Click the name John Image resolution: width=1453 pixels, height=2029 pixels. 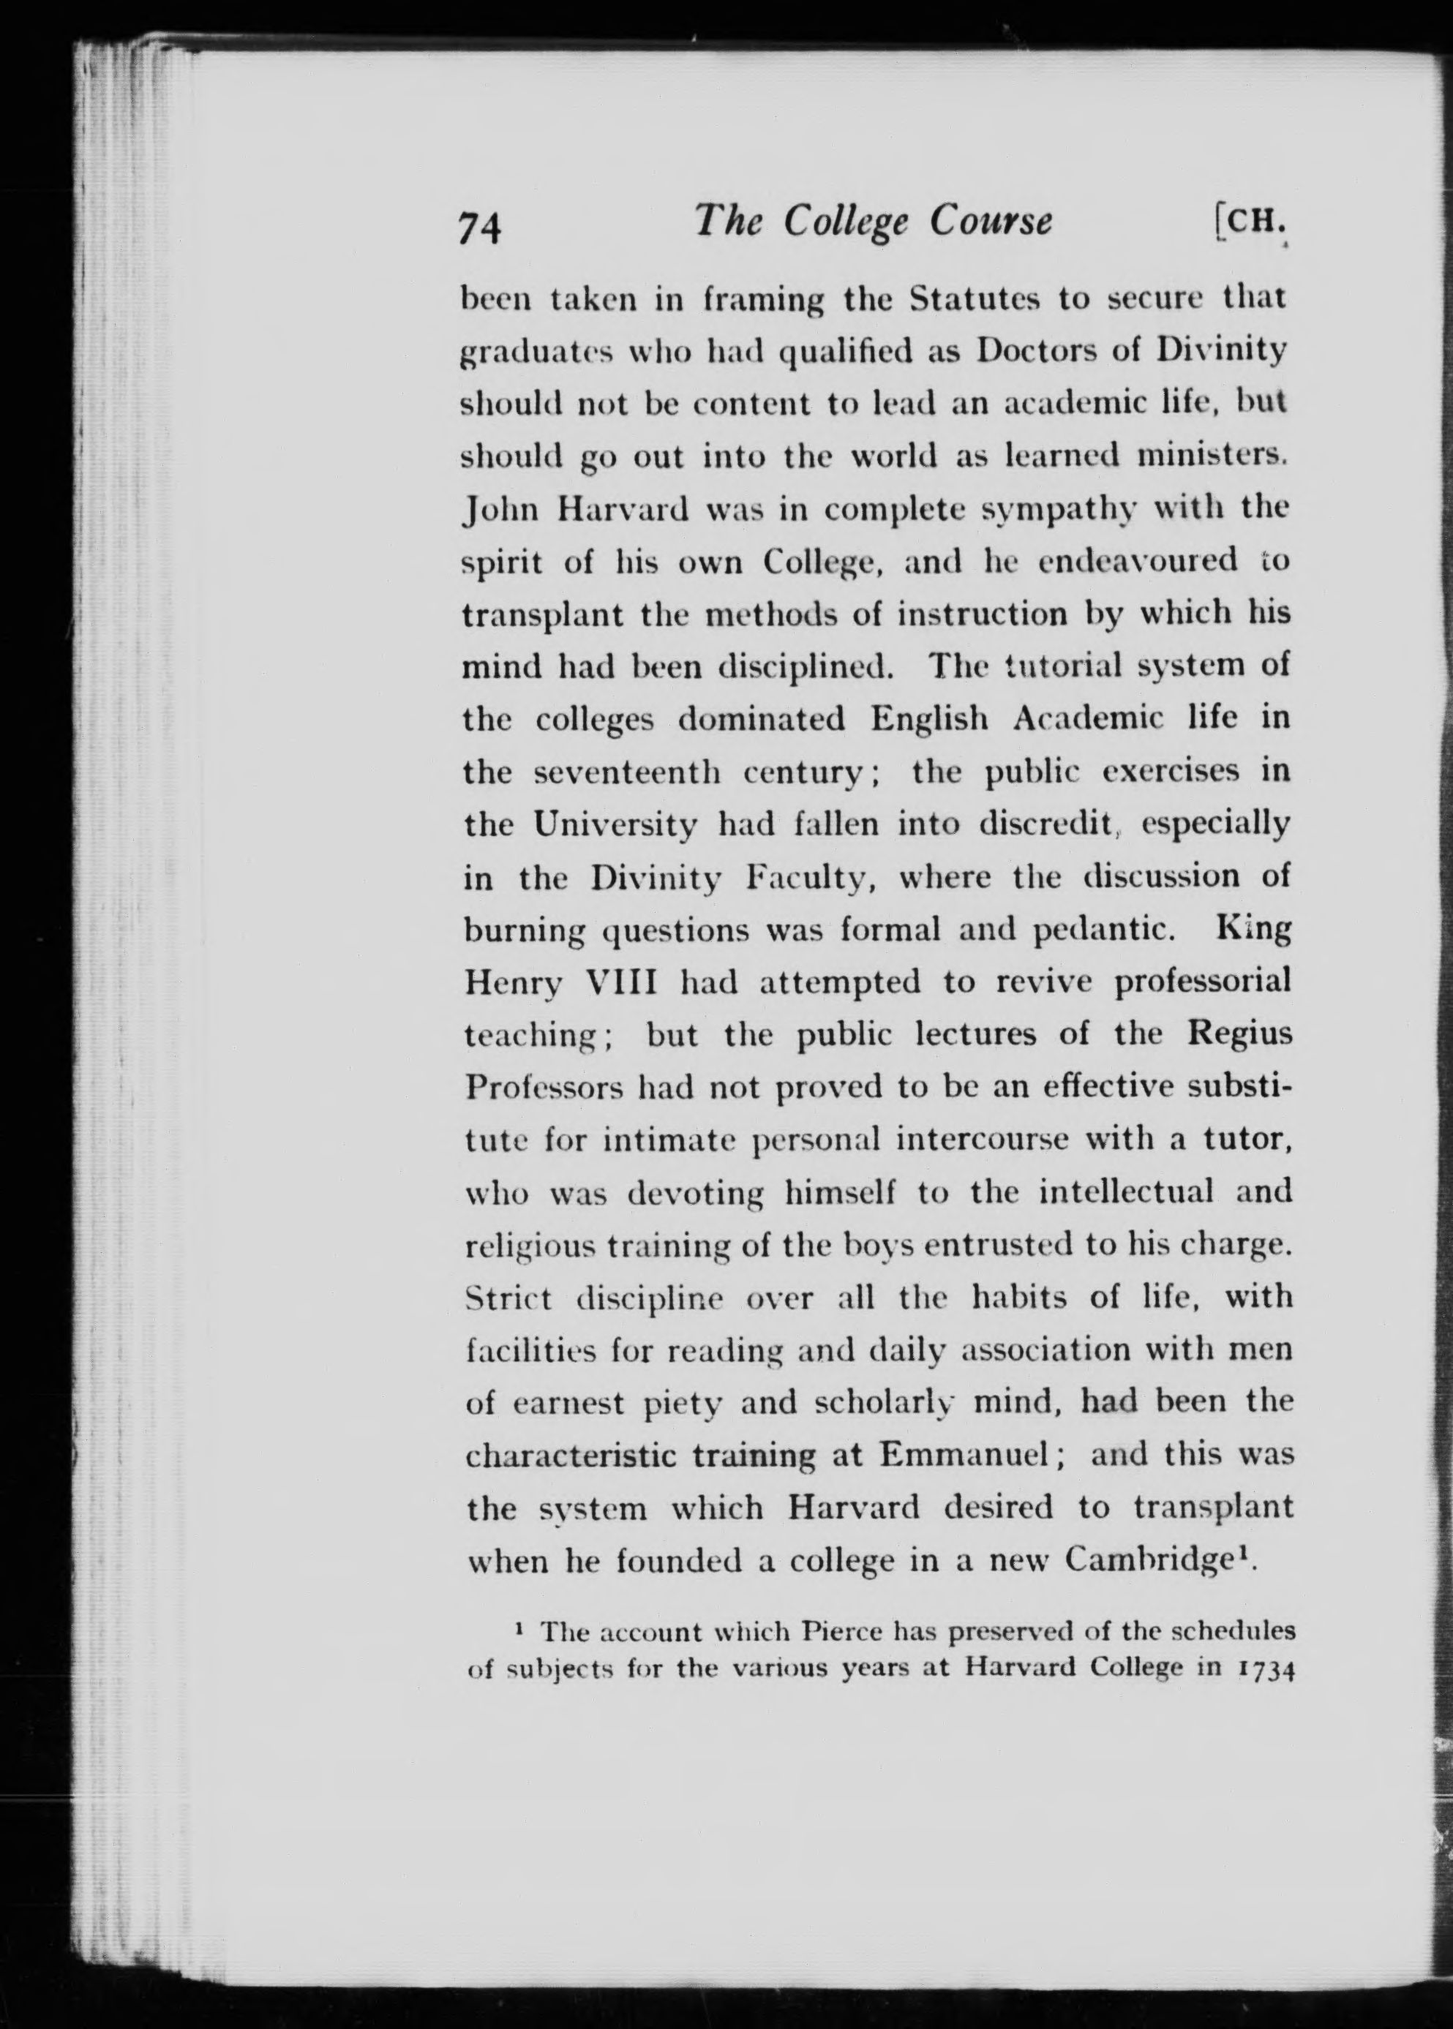[x=500, y=510]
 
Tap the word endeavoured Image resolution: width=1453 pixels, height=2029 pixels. [x=1138, y=562]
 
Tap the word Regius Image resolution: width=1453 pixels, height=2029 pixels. [x=1240, y=1035]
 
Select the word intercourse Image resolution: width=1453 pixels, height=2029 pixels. [x=982, y=1140]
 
